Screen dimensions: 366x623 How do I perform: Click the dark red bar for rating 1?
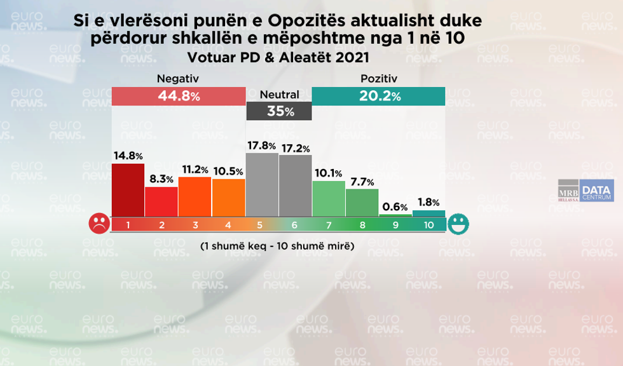(x=128, y=189)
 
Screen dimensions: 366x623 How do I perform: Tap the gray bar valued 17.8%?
(x=262, y=184)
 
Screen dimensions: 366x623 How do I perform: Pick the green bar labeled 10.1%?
(x=329, y=198)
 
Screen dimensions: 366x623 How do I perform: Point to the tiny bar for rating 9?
(x=395, y=215)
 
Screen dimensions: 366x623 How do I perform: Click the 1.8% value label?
(x=428, y=203)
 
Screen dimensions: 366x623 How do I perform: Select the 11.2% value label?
(x=195, y=170)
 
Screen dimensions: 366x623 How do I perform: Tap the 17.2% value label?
(x=296, y=149)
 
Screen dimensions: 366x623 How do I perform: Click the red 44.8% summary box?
(x=178, y=97)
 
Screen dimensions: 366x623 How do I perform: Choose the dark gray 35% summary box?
(x=279, y=111)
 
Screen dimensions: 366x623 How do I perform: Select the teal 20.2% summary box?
(x=378, y=97)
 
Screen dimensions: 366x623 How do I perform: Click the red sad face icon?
(x=98, y=224)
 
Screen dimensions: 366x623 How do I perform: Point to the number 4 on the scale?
(x=229, y=224)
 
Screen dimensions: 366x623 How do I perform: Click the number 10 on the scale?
(x=428, y=224)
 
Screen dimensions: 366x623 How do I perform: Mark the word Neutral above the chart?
(x=279, y=94)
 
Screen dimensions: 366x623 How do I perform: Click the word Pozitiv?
(x=379, y=79)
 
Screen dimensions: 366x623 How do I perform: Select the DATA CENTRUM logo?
(x=596, y=191)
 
